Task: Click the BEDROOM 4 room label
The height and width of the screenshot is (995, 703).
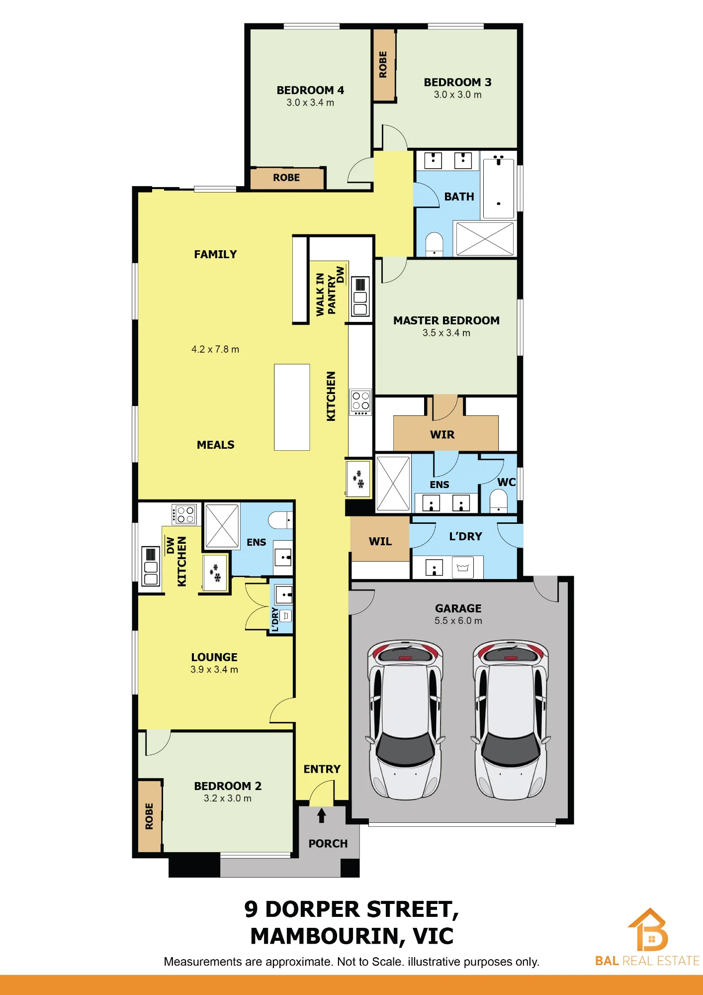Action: pyautogui.click(x=310, y=90)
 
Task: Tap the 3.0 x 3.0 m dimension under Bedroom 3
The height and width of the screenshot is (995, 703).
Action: pyautogui.click(x=457, y=95)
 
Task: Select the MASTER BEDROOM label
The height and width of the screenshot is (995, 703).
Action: pyautogui.click(x=446, y=320)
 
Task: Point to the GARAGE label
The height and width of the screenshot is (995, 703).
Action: pyautogui.click(x=458, y=608)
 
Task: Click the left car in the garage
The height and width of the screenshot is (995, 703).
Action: pyautogui.click(x=405, y=719)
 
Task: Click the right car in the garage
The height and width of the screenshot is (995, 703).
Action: pyautogui.click(x=511, y=719)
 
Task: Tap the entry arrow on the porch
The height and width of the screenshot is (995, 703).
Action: pyautogui.click(x=322, y=815)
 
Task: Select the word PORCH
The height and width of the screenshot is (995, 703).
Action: pyautogui.click(x=328, y=843)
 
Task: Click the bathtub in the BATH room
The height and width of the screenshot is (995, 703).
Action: pyautogui.click(x=499, y=186)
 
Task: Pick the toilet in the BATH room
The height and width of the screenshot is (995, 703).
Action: pyautogui.click(x=435, y=244)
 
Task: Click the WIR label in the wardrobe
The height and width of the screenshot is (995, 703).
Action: pyautogui.click(x=442, y=434)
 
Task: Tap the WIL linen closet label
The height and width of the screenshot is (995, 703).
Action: pyautogui.click(x=380, y=541)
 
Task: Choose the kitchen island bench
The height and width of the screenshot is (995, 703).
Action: pyautogui.click(x=292, y=407)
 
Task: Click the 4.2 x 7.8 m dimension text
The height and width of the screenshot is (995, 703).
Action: pyautogui.click(x=215, y=349)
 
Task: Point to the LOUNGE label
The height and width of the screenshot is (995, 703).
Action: pyautogui.click(x=214, y=657)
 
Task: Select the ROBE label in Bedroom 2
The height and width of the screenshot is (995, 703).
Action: pyautogui.click(x=149, y=816)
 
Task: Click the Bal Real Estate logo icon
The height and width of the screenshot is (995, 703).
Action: pyautogui.click(x=648, y=929)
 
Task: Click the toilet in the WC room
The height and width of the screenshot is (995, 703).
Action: pyautogui.click(x=498, y=500)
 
